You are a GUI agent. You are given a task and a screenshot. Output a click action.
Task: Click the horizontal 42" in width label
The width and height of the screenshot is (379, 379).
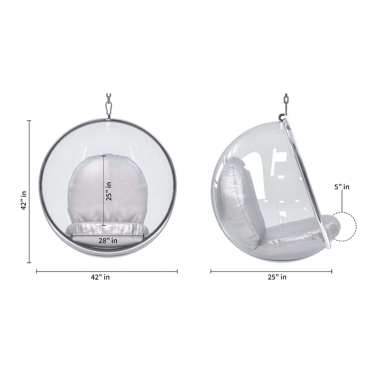[x=100, y=277]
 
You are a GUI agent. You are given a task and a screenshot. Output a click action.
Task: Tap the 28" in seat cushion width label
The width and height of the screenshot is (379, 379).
[x=108, y=240]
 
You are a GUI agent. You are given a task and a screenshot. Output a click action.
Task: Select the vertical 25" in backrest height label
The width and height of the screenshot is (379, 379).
[x=109, y=191]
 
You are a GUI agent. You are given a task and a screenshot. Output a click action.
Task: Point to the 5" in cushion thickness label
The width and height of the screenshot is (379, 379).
[x=342, y=187]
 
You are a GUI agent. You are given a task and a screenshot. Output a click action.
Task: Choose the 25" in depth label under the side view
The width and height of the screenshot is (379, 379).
[x=277, y=277]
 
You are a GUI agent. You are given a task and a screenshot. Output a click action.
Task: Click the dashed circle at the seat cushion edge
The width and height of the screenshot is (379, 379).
[x=345, y=226]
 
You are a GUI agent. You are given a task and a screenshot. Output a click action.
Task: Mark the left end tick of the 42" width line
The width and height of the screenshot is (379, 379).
[x=36, y=271]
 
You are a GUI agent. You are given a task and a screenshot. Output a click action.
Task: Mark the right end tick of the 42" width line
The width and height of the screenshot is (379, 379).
[x=177, y=271]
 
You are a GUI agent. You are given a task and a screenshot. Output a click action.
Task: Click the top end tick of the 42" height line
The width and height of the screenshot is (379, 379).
[x=29, y=121]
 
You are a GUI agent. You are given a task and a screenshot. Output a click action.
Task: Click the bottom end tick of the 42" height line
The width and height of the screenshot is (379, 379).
[x=29, y=262]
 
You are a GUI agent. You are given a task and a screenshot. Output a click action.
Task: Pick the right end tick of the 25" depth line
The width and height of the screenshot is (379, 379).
[x=332, y=271]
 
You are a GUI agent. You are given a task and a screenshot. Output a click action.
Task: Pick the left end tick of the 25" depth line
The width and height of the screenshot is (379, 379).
[x=211, y=271]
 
